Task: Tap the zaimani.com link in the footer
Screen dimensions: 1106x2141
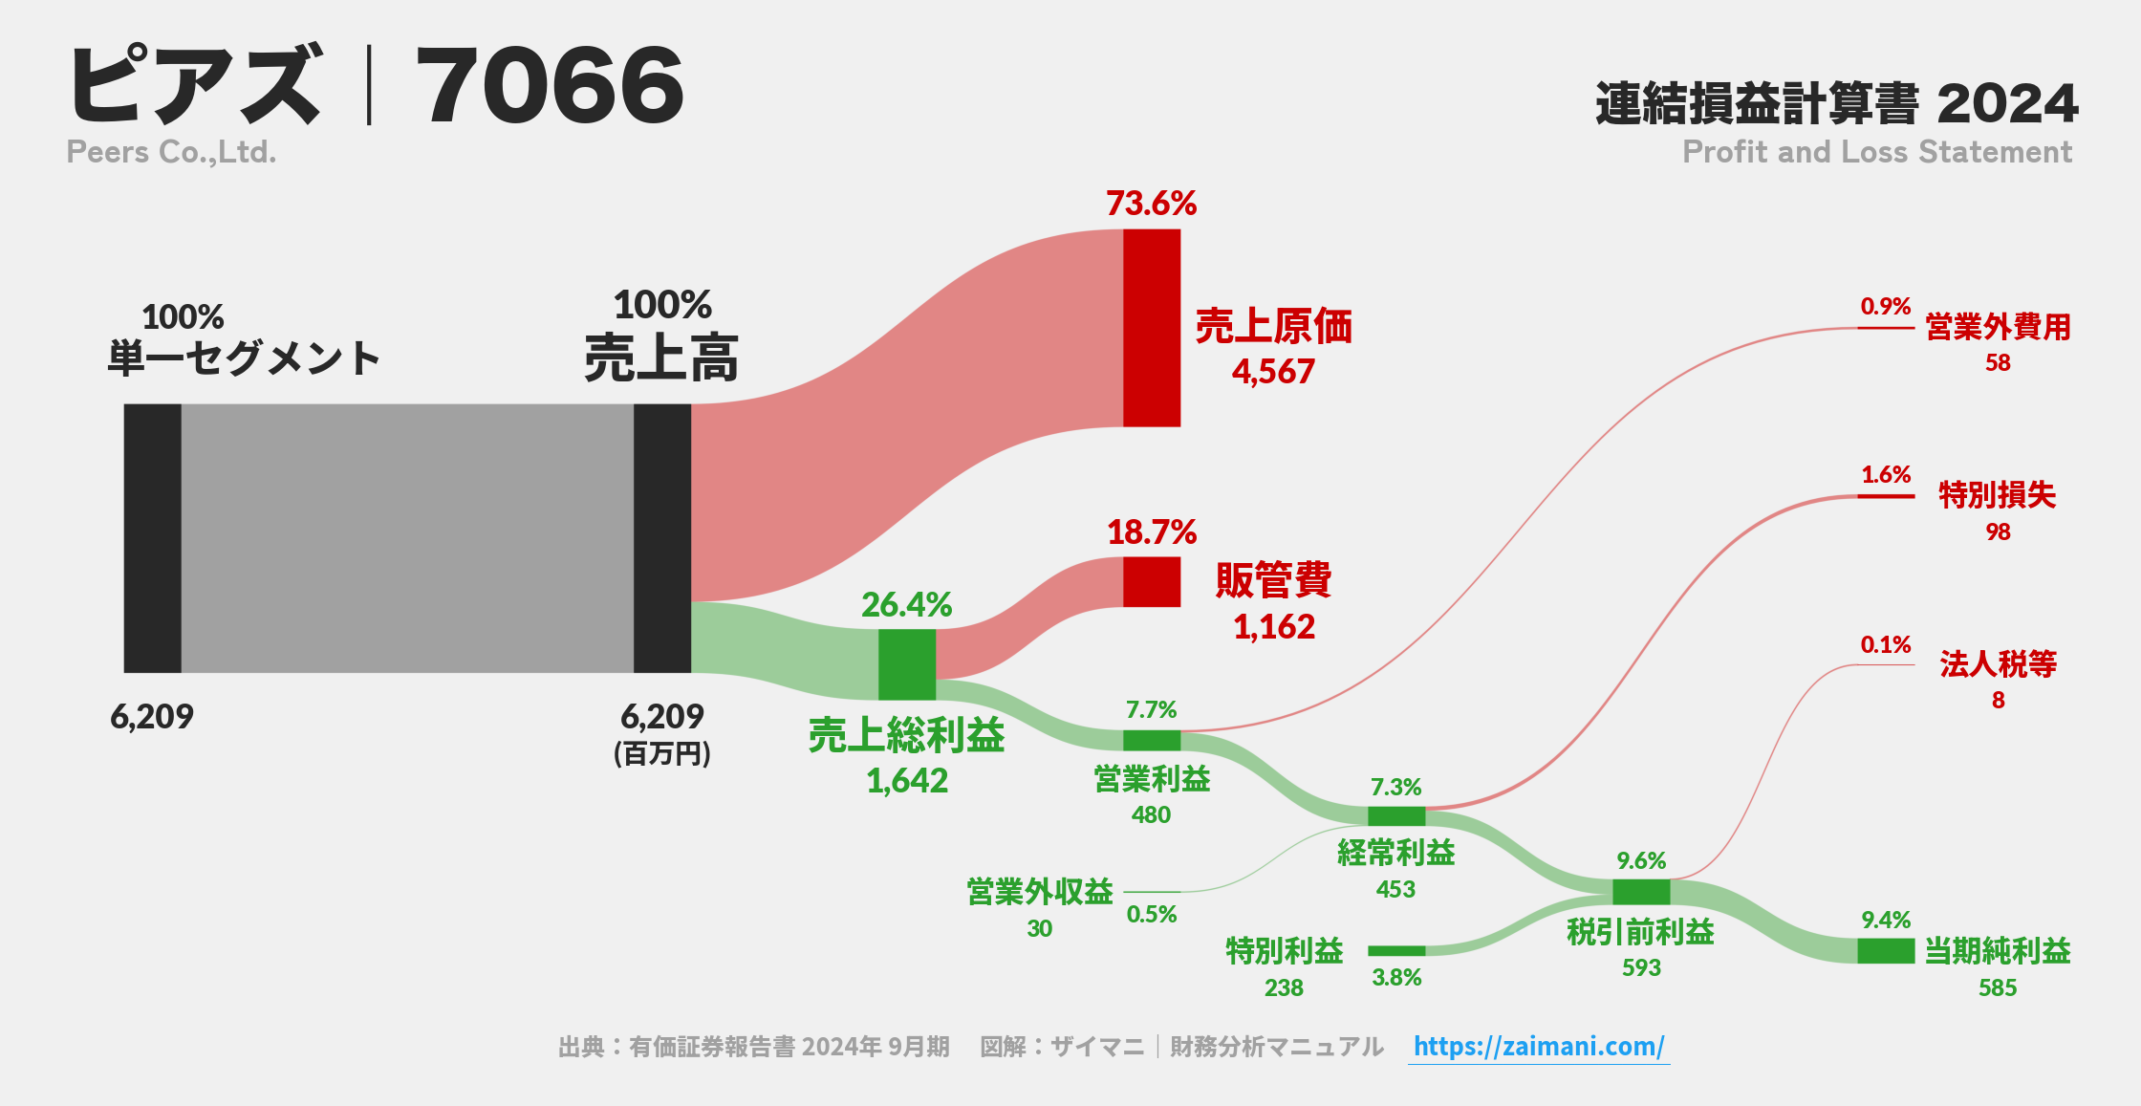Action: click(1539, 1046)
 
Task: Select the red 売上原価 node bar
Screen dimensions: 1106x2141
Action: click(1151, 328)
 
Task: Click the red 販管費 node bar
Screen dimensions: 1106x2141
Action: click(1151, 581)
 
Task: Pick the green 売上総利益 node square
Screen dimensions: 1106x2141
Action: click(906, 664)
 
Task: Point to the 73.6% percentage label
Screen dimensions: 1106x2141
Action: click(1151, 204)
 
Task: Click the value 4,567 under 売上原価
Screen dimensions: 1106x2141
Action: click(1273, 372)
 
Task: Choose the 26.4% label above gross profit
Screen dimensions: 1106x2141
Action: click(906, 605)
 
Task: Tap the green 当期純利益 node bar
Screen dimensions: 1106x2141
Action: click(1885, 950)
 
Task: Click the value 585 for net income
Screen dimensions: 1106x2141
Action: click(1997, 987)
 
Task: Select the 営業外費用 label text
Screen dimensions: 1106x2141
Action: click(1998, 327)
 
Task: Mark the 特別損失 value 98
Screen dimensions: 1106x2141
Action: click(1998, 531)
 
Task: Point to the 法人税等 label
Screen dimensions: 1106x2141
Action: click(1998, 663)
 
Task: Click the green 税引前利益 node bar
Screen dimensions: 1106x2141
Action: click(1640, 892)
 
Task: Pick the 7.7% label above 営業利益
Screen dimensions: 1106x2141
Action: click(1151, 710)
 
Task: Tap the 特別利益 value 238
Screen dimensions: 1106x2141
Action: click(1284, 987)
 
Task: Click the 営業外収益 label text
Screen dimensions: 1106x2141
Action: click(1040, 892)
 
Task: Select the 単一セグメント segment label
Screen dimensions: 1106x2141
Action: click(244, 358)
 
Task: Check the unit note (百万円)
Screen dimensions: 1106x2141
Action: click(661, 754)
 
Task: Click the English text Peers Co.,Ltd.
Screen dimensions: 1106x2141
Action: click(171, 152)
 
